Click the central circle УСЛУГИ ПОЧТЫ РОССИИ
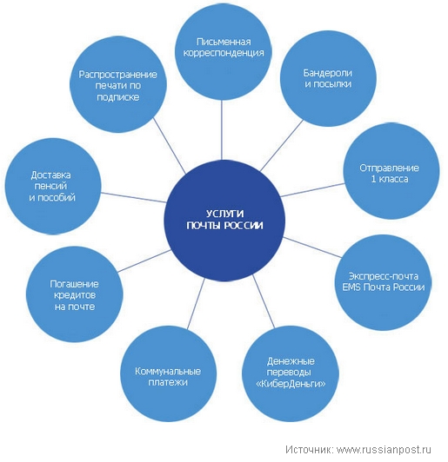tap(224, 220)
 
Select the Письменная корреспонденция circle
tap(223, 52)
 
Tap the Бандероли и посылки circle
tap(328, 79)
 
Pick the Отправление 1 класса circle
tap(391, 171)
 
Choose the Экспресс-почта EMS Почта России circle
tap(383, 282)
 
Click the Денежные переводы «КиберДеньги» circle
tap(291, 374)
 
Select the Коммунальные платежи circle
tap(168, 373)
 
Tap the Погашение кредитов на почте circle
tap(74, 294)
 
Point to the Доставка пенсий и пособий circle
tap(53, 186)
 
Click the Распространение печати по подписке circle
tap(118, 84)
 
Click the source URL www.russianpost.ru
tap(384, 450)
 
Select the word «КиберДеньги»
tap(291, 384)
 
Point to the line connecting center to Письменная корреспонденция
tap(222, 130)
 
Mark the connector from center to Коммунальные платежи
tap(196, 303)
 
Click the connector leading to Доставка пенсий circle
tap(134, 198)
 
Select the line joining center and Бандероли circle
tap(282, 146)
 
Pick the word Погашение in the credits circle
tap(74, 284)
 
